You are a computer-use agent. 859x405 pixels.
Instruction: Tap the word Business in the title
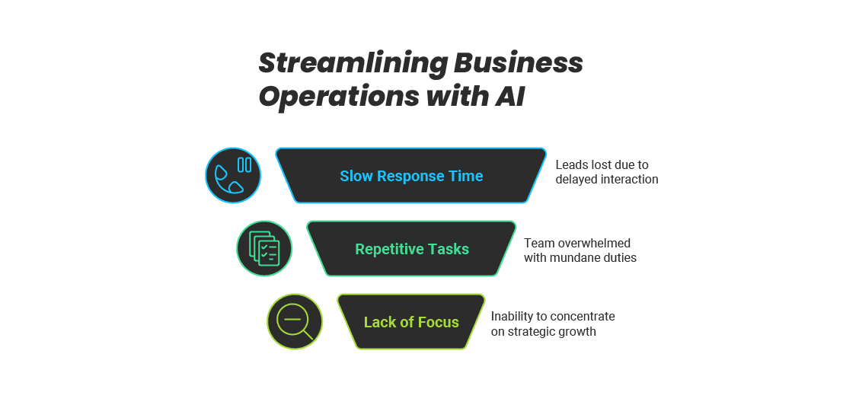pyautogui.click(x=519, y=63)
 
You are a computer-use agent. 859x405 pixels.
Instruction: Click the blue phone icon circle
pyautogui.click(x=233, y=175)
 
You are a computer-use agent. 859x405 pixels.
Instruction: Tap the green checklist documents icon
pyautogui.click(x=264, y=248)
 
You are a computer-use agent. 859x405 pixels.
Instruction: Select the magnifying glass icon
pyautogui.click(x=295, y=321)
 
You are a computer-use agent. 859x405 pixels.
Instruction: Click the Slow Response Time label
pyautogui.click(x=411, y=176)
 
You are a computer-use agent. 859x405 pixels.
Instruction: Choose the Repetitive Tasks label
pyautogui.click(x=412, y=249)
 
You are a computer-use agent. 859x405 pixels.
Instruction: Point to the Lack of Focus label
pyautogui.click(x=411, y=322)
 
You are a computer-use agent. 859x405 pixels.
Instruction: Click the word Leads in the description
pyautogui.click(x=572, y=164)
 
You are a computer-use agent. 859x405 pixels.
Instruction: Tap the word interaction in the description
pyautogui.click(x=628, y=180)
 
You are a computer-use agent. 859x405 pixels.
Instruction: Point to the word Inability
pyautogui.click(x=513, y=316)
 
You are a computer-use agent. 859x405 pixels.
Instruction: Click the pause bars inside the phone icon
pyautogui.click(x=244, y=164)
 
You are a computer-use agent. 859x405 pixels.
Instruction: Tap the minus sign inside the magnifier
pyautogui.click(x=292, y=318)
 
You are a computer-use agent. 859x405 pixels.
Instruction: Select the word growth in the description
pyautogui.click(x=579, y=331)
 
